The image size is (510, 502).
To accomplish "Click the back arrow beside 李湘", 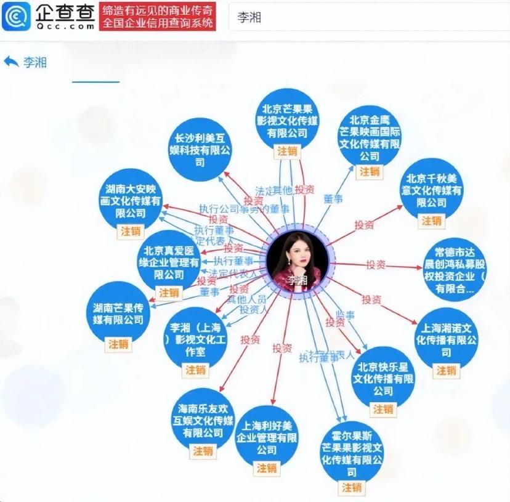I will coord(11,62).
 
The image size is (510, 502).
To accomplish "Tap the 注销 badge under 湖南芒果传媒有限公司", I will coord(118,344).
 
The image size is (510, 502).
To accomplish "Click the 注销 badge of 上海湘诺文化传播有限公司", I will coord(447,370).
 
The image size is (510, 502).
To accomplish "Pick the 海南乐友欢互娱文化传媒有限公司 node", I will coord(203,419).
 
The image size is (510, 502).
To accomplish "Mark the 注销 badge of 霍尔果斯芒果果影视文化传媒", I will coord(352,487).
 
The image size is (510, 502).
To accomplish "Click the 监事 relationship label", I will coord(346,315).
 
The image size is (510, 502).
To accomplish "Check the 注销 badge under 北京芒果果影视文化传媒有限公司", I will coord(287,150).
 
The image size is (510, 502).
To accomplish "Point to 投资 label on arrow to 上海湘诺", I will coord(371,299).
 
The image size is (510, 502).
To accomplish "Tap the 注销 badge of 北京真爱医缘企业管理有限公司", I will coord(169,292).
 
